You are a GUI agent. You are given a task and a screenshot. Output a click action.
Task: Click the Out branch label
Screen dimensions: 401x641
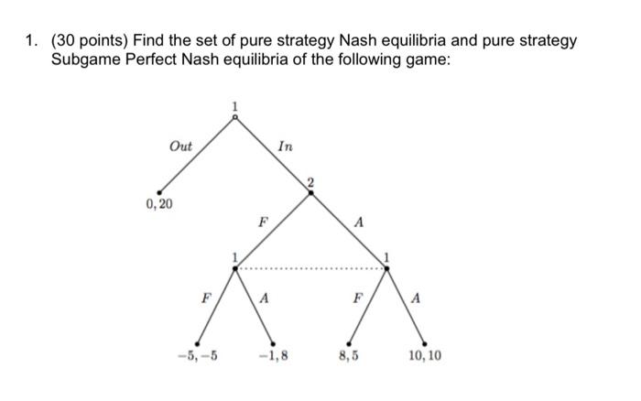tap(181, 146)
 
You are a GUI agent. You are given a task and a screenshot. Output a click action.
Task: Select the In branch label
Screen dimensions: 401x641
tap(285, 146)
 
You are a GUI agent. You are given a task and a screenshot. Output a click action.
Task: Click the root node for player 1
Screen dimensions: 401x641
tap(235, 116)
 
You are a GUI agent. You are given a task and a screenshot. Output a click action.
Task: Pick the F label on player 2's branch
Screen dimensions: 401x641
tap(262, 221)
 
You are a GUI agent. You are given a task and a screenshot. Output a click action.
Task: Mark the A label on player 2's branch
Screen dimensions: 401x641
tap(359, 221)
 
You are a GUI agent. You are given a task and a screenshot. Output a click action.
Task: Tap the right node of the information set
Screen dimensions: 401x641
tap(386, 267)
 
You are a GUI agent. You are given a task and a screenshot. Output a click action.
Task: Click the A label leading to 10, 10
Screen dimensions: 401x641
tap(417, 298)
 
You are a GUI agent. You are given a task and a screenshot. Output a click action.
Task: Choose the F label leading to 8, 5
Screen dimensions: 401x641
tap(357, 298)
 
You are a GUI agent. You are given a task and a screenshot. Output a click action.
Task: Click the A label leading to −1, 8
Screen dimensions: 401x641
tap(265, 298)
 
